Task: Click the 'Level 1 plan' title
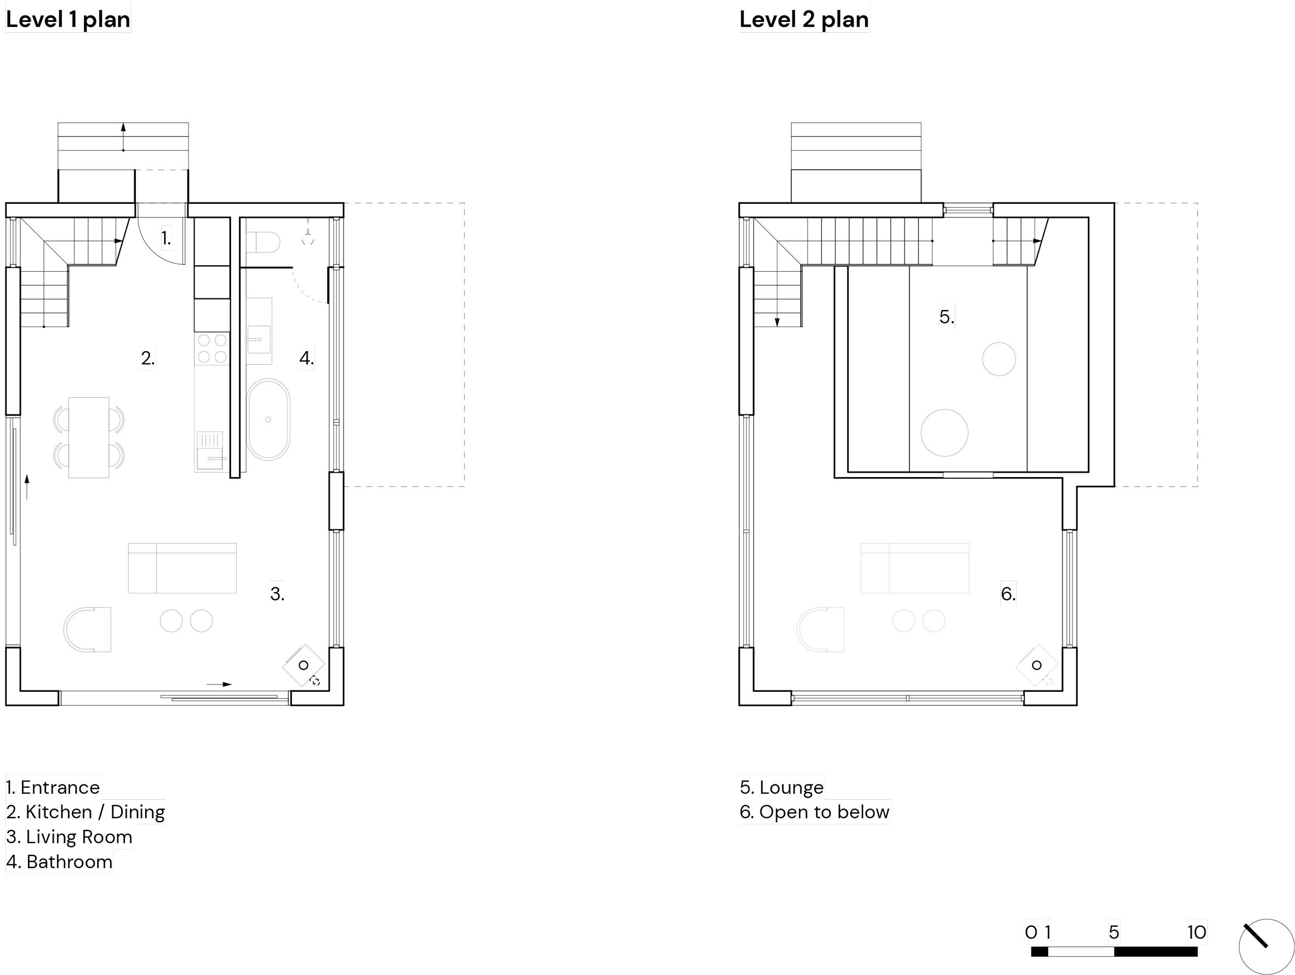68,20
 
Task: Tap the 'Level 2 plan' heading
804,20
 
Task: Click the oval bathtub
268,420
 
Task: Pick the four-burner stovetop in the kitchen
212,349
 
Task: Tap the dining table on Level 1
88,438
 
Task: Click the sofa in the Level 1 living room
182,568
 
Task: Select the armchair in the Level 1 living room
87,630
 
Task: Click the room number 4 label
306,358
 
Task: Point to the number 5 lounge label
947,317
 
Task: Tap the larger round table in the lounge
944,433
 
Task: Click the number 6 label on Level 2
1008,594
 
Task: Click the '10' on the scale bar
1196,932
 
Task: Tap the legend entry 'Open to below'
824,812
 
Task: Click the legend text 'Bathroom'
70,862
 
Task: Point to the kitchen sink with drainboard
210,451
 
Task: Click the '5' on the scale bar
1114,932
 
